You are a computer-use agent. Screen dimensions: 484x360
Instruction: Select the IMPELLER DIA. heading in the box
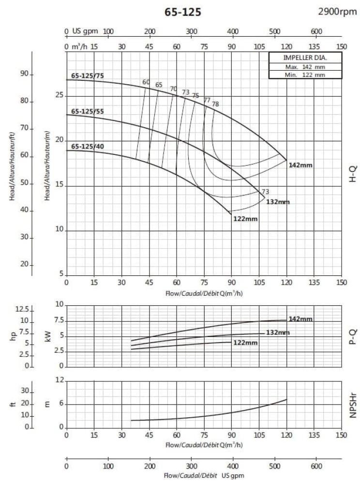coord(305,58)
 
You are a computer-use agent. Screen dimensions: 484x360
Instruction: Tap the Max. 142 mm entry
coord(305,67)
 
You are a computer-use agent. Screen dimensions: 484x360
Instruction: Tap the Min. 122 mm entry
coord(305,75)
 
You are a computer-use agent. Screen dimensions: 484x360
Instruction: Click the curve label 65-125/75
coord(87,76)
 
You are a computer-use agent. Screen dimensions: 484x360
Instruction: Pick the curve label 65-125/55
coord(87,111)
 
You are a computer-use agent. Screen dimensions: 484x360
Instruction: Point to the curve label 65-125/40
coord(87,146)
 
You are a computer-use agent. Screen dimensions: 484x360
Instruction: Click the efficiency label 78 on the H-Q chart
coord(215,104)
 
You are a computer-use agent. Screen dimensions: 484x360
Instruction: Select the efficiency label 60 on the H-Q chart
coord(146,82)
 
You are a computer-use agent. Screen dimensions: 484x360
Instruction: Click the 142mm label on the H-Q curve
coord(300,166)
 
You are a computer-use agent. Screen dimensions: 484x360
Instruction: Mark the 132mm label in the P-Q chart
coord(278,333)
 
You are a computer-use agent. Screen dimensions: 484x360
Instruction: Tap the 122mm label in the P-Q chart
coord(245,343)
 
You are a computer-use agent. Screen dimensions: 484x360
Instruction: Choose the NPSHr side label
coord(353,404)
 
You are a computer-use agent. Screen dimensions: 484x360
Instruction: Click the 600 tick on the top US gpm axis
coord(316,31)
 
